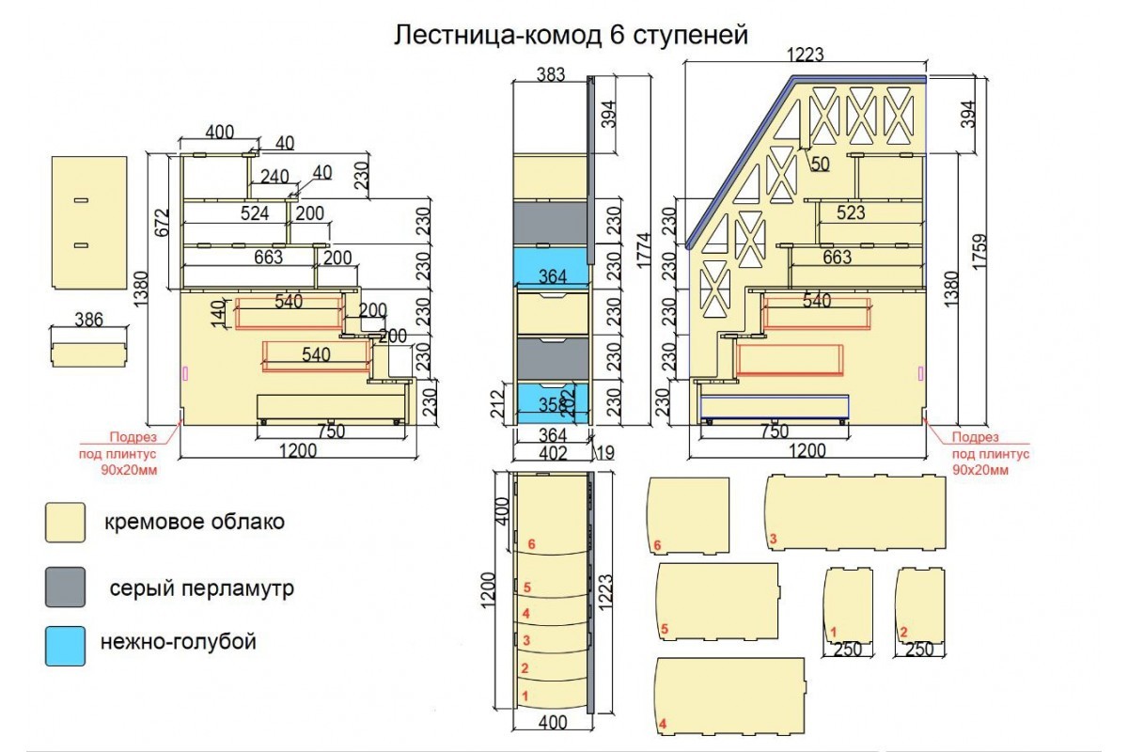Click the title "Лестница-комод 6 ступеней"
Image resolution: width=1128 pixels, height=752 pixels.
(x=571, y=35)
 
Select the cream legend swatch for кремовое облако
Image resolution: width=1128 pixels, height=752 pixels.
(x=65, y=523)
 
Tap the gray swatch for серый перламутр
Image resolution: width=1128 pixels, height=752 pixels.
(x=65, y=587)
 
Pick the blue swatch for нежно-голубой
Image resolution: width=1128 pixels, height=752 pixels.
(x=65, y=646)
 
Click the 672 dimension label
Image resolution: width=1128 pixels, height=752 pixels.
(x=162, y=221)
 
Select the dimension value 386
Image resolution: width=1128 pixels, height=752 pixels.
(x=88, y=320)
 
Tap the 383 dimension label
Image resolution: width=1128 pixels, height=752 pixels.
(x=550, y=74)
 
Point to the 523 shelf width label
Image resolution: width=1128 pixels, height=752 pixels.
(x=850, y=213)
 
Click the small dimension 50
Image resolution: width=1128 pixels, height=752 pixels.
(x=820, y=164)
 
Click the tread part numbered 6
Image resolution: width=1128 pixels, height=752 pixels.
(x=690, y=515)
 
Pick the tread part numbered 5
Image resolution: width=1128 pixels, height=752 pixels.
(x=717, y=603)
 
